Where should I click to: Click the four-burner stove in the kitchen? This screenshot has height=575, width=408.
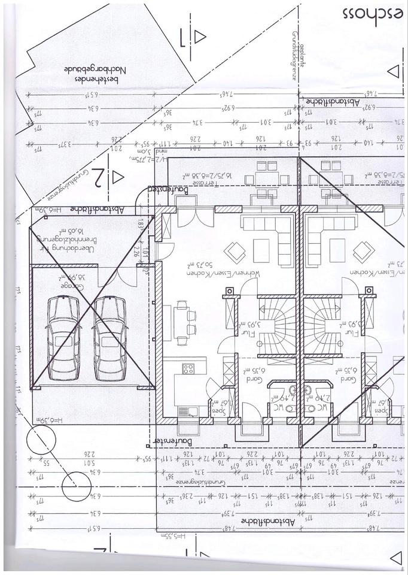click(188, 368)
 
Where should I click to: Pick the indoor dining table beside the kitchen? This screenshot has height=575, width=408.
click(181, 323)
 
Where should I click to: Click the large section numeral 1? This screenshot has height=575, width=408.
click(182, 38)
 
